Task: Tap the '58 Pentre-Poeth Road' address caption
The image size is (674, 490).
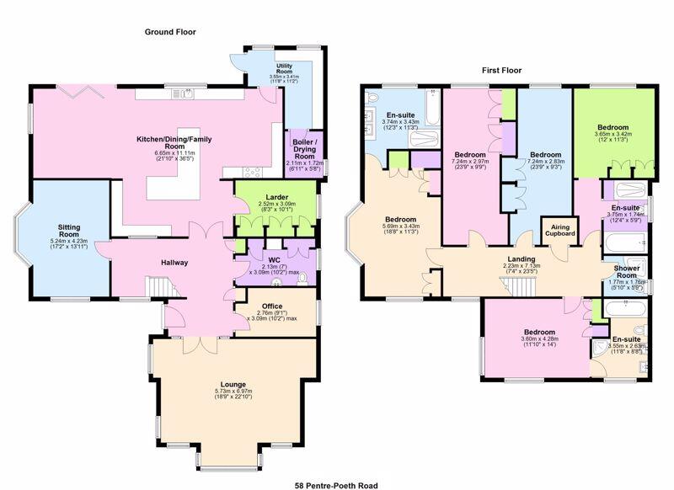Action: [x=335, y=485]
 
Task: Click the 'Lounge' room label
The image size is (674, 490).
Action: [x=229, y=385]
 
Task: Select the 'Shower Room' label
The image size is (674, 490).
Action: [x=625, y=274]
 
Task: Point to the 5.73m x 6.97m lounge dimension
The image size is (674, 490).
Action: [x=229, y=392]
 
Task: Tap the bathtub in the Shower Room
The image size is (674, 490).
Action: [x=624, y=244]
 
